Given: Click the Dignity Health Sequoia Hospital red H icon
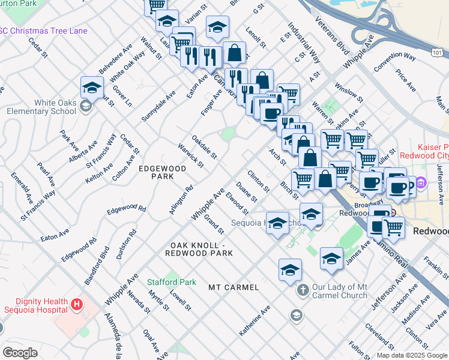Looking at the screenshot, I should [76, 305].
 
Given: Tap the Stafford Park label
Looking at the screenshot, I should [172, 281].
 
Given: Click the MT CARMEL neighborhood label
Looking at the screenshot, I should [234, 287].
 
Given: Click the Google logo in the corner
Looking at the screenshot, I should [20, 353].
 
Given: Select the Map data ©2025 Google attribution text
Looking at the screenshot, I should [411, 355].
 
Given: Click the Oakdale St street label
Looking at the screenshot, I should [204, 146].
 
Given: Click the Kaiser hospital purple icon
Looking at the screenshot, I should [421, 182].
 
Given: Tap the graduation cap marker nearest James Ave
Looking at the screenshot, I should [331, 259].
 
